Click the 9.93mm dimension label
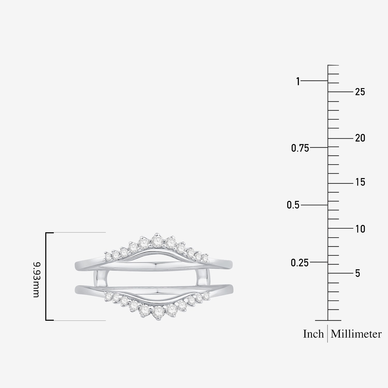click(36, 279)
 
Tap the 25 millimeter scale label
click(360, 92)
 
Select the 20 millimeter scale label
click(360, 138)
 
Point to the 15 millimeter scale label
click(360, 182)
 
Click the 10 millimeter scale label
click(360, 229)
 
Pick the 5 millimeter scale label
click(357, 273)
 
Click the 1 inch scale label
click(298, 81)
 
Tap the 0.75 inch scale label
click(300, 148)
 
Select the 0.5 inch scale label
click(293, 205)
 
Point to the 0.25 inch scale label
click(300, 263)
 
